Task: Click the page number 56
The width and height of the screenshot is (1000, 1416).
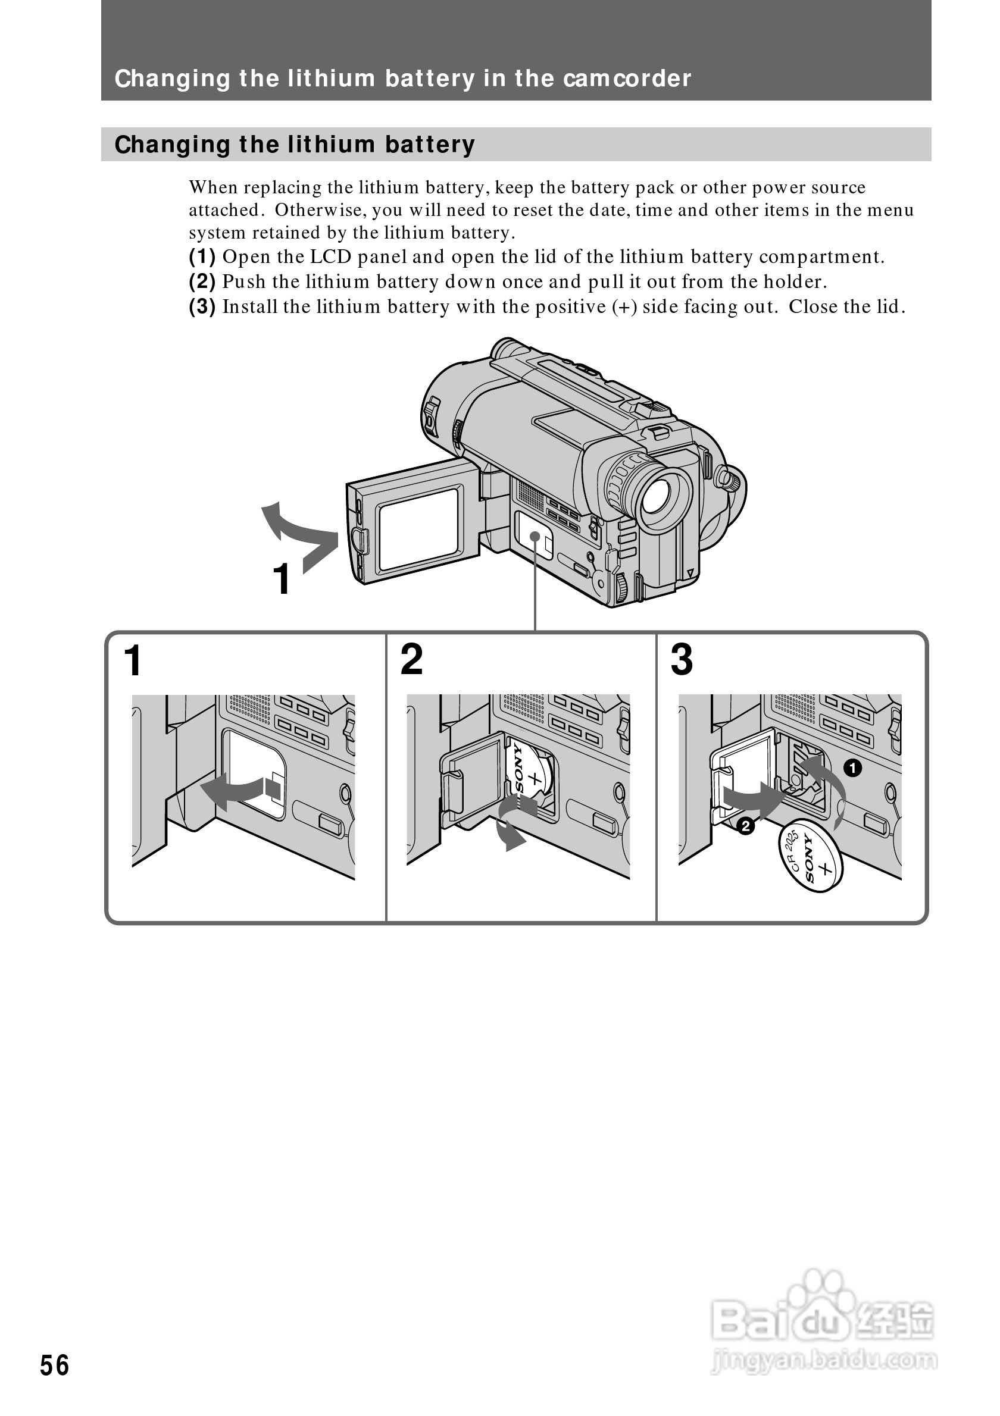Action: pyautogui.click(x=54, y=1365)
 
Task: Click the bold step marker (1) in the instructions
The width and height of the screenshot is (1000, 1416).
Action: pyautogui.click(x=202, y=256)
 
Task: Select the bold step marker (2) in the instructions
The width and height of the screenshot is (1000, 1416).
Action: pyautogui.click(x=202, y=282)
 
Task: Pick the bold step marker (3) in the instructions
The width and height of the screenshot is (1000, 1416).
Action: pyautogui.click(x=202, y=306)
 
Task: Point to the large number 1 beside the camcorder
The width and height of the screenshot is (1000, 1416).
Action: pyautogui.click(x=282, y=579)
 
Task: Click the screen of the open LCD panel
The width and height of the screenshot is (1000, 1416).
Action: pyautogui.click(x=418, y=528)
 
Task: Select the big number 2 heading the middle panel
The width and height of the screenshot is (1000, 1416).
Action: pyautogui.click(x=411, y=660)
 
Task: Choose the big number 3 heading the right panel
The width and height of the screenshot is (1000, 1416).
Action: pyautogui.click(x=682, y=660)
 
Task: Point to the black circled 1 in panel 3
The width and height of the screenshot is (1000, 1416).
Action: pyautogui.click(x=852, y=769)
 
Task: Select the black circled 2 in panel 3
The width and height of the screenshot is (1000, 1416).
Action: pyautogui.click(x=746, y=826)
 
